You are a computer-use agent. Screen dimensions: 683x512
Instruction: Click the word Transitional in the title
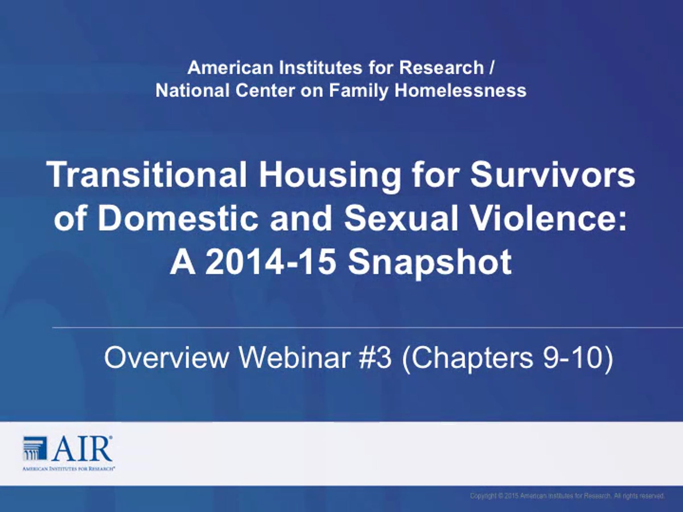(x=147, y=174)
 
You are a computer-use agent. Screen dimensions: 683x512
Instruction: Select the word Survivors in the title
(x=553, y=174)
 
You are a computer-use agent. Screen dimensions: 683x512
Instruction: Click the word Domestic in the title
(x=178, y=218)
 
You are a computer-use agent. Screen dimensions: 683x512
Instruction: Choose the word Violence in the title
(x=549, y=218)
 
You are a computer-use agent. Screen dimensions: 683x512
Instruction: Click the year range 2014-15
(x=270, y=262)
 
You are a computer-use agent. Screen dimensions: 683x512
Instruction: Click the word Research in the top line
(x=442, y=68)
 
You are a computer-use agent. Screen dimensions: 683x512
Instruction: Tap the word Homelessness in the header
(x=460, y=91)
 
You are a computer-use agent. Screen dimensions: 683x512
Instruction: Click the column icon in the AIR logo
(x=35, y=448)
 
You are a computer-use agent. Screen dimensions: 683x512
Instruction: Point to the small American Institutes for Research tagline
(x=69, y=469)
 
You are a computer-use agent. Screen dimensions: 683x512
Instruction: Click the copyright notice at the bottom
(x=567, y=496)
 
